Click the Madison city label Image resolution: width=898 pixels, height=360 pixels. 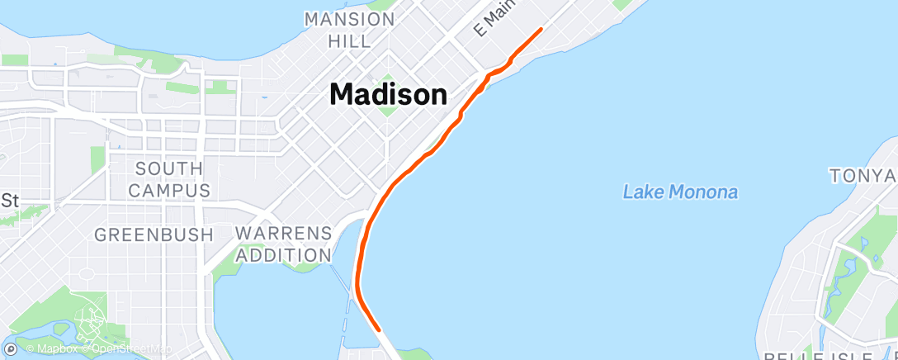[x=388, y=94]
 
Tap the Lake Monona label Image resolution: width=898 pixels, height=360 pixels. [x=680, y=192]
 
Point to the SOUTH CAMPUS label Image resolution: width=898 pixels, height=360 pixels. [x=168, y=179]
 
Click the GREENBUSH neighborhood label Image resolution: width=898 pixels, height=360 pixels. [x=154, y=234]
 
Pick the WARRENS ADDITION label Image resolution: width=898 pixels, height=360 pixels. [x=283, y=244]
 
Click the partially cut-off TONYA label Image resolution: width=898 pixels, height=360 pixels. [x=863, y=175]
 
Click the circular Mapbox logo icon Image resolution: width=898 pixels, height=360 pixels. [x=11, y=348]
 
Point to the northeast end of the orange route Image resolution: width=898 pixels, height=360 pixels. [x=541, y=29]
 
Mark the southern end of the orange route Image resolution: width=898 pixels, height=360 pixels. [x=379, y=329]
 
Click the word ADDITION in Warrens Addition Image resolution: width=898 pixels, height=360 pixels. [x=283, y=255]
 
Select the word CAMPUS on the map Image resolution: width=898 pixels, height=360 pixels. [x=168, y=190]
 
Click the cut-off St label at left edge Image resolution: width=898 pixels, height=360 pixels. [x=9, y=200]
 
